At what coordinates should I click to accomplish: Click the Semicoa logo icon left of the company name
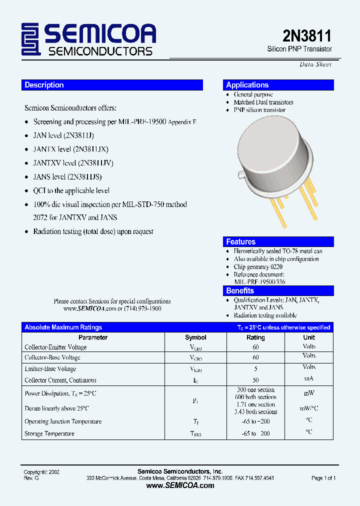(x=31, y=39)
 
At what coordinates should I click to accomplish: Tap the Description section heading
(x=44, y=85)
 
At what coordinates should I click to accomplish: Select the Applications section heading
(x=247, y=85)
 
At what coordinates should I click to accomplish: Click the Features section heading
(x=240, y=242)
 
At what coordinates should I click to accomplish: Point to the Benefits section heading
(x=240, y=291)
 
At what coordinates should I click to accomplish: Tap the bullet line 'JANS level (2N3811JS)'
(x=67, y=176)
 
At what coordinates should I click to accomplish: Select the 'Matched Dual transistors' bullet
(x=263, y=102)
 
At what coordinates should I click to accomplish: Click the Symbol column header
(x=195, y=337)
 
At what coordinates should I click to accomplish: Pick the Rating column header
(x=255, y=337)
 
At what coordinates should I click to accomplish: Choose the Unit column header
(x=309, y=337)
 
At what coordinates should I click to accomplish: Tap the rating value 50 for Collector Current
(x=255, y=380)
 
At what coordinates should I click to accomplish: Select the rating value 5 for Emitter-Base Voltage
(x=255, y=369)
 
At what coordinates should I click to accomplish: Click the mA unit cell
(x=309, y=379)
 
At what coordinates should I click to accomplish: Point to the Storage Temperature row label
(x=49, y=433)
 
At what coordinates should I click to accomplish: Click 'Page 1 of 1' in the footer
(x=323, y=478)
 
